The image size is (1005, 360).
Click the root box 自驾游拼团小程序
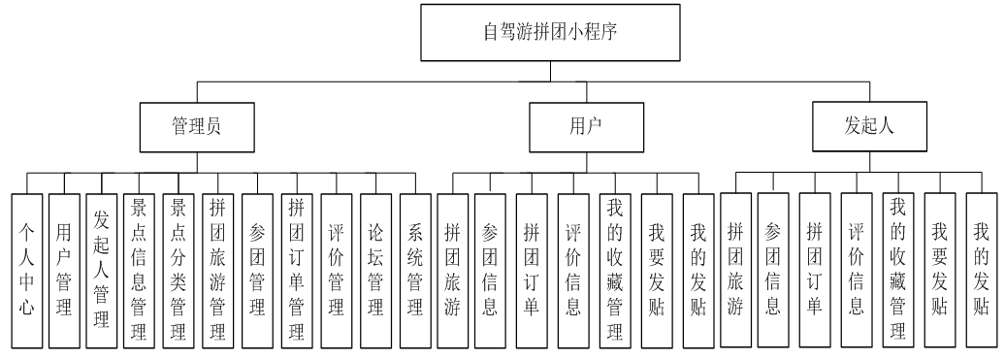(x=551, y=32)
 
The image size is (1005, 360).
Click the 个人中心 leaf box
(x=26, y=268)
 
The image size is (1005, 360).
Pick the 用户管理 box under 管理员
(x=64, y=268)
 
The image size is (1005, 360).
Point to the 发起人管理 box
(x=102, y=268)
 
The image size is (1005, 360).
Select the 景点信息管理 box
(x=140, y=268)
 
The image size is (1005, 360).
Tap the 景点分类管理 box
(x=178, y=268)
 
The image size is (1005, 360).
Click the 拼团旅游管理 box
(x=216, y=268)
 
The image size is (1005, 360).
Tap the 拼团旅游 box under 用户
(x=452, y=268)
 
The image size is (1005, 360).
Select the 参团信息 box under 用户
(x=491, y=268)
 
